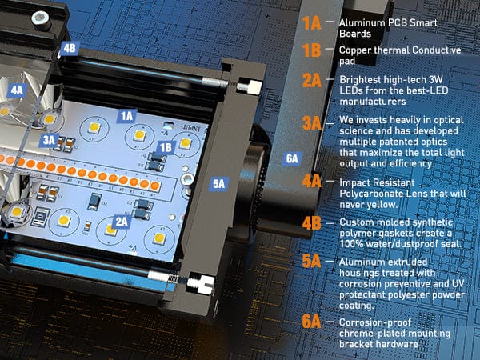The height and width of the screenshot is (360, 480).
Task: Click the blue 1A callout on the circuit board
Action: (x=126, y=116)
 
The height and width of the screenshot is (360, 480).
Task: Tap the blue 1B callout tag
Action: (x=166, y=148)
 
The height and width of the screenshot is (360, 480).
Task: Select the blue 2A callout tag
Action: (x=122, y=222)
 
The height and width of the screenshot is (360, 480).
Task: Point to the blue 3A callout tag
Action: (x=49, y=140)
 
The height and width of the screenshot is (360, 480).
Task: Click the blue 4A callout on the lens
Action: (x=17, y=90)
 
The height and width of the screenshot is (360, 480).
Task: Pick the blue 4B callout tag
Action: (x=70, y=48)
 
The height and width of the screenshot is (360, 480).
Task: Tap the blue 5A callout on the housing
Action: (x=219, y=184)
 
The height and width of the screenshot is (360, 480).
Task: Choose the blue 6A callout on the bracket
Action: (x=292, y=158)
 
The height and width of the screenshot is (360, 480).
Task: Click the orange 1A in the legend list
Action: (x=312, y=23)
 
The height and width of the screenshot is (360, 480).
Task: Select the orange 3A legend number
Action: (x=312, y=123)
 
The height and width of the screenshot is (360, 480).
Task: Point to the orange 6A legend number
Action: (x=312, y=322)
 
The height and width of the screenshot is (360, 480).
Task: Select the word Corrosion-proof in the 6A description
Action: (x=375, y=322)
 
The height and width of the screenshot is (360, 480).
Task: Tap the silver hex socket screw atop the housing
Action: (x=41, y=20)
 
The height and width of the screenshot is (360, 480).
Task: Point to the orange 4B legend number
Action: (x=312, y=223)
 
